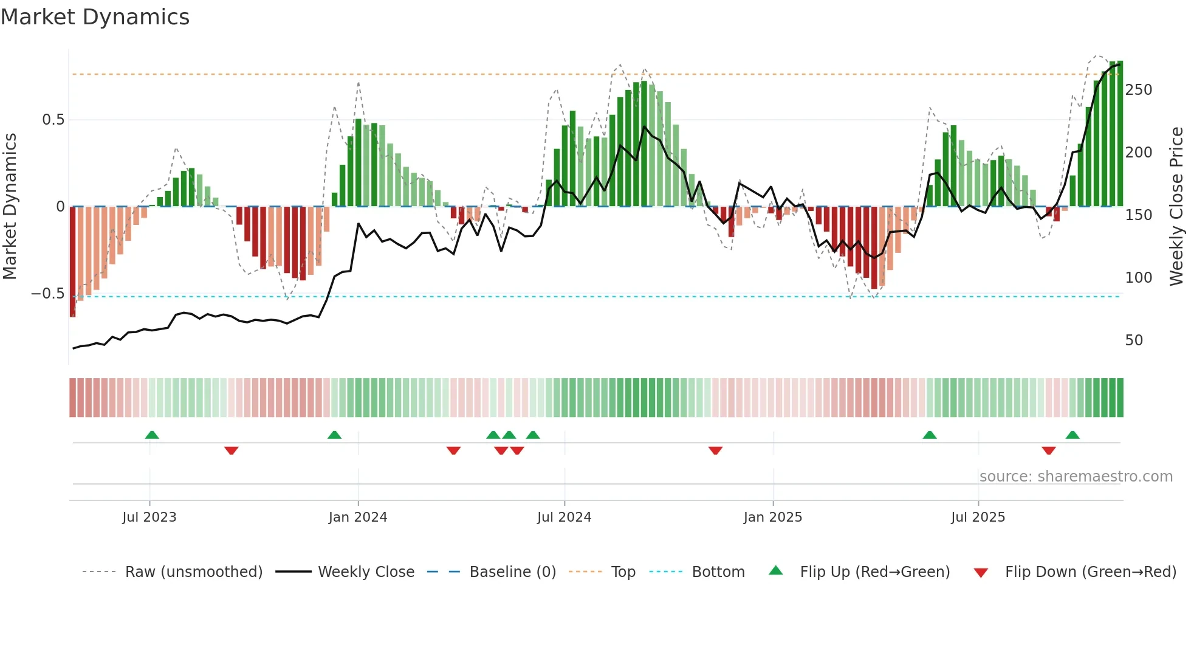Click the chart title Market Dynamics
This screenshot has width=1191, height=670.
point(95,17)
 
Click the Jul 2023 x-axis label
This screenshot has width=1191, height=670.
point(149,517)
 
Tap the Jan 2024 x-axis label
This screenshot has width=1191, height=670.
point(357,517)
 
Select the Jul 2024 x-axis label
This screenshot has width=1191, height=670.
point(564,517)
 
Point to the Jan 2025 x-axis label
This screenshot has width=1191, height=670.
point(772,517)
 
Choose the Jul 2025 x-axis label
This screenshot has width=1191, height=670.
point(978,517)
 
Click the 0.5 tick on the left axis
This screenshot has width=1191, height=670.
point(53,120)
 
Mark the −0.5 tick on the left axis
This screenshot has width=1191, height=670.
point(48,294)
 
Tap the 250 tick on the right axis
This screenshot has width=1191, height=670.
point(1138,90)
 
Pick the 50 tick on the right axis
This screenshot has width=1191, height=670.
point(1134,340)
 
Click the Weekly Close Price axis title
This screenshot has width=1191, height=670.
point(1177,207)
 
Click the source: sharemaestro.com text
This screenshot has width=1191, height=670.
point(1076,477)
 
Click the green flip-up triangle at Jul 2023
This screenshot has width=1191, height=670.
point(152,435)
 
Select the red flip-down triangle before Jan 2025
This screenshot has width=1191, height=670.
point(715,450)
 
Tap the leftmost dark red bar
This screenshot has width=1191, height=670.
point(73,261)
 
